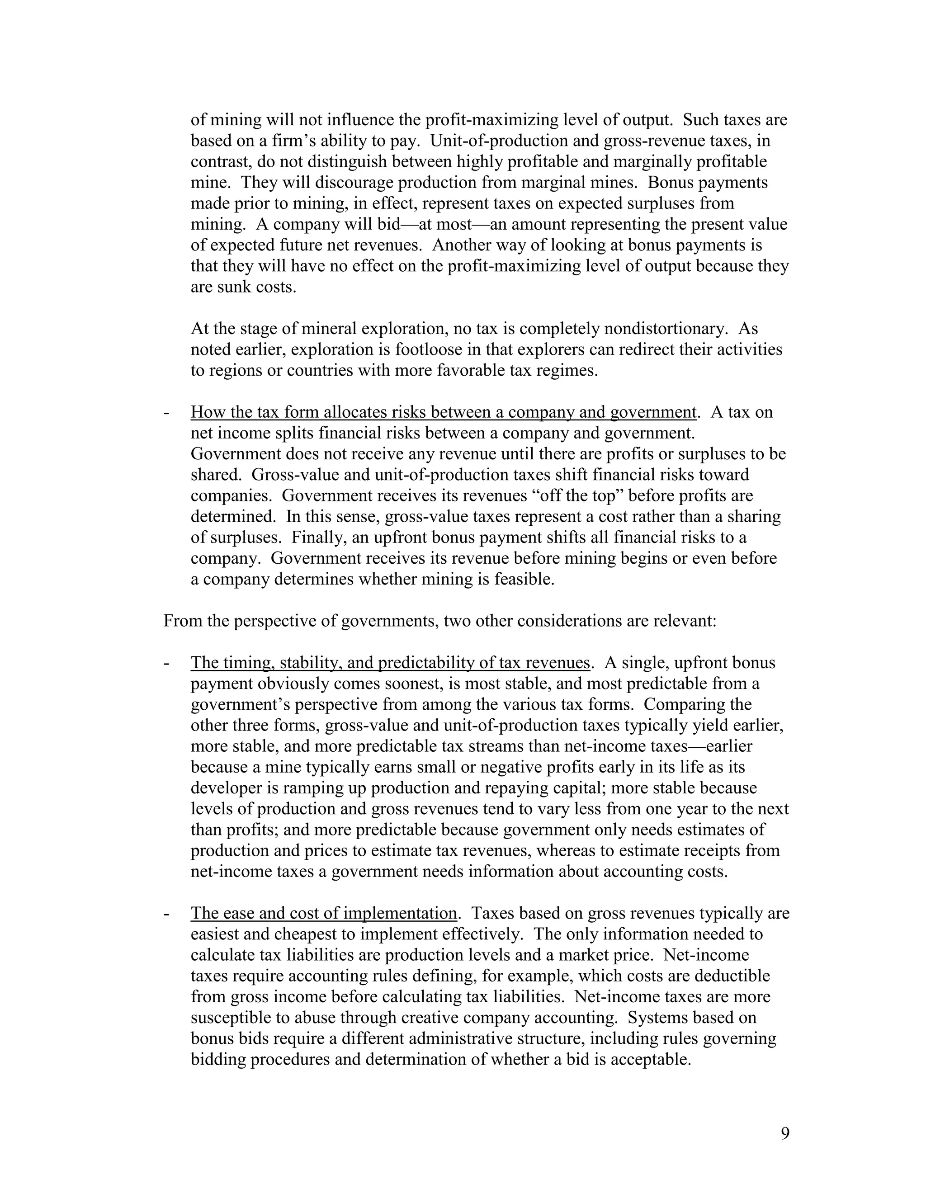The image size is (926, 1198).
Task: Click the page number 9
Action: pyautogui.click(x=784, y=1133)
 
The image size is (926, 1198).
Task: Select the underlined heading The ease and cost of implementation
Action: pyautogui.click(x=324, y=913)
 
